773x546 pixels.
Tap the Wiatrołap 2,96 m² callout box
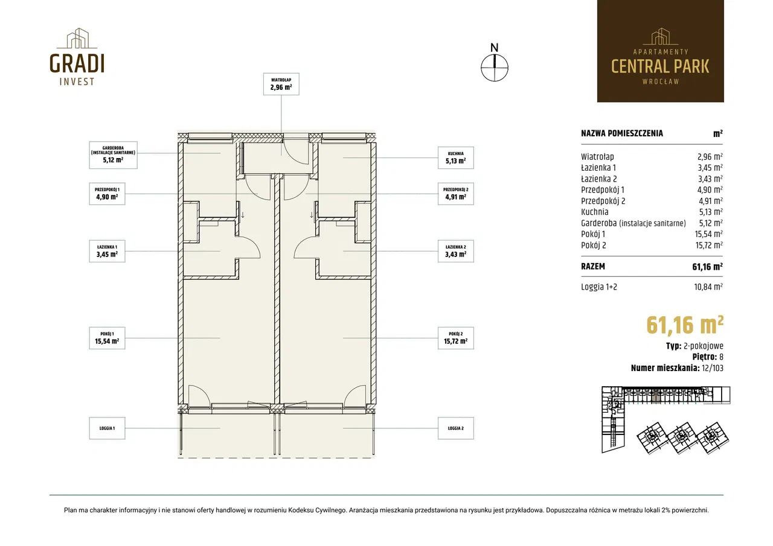click(x=281, y=84)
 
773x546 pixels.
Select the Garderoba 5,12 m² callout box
click(x=113, y=155)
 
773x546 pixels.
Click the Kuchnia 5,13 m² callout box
click(x=455, y=158)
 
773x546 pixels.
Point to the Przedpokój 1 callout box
click(x=107, y=194)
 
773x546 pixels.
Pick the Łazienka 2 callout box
click(x=455, y=252)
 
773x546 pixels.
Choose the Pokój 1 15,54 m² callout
click(x=107, y=338)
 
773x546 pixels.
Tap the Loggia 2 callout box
click(x=455, y=428)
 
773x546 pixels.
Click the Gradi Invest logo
click(x=77, y=57)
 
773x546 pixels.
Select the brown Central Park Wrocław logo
click(x=661, y=51)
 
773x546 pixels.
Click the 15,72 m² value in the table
click(x=709, y=245)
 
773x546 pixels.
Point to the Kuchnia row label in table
click(x=595, y=212)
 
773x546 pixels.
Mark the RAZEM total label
click(x=593, y=267)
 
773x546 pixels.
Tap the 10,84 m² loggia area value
click(x=708, y=287)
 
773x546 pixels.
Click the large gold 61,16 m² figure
click(x=685, y=325)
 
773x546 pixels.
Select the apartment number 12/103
click(x=712, y=368)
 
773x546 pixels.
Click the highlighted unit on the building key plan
click(x=656, y=397)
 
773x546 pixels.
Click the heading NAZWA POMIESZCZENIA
click(x=622, y=133)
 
